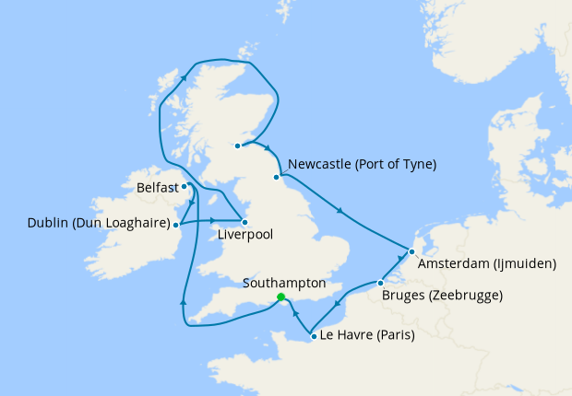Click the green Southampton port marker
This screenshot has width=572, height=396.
point(280,297)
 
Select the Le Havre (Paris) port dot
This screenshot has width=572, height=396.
point(315,337)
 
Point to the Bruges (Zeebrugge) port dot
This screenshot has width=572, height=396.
point(380,282)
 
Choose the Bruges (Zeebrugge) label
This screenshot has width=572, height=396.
point(441,297)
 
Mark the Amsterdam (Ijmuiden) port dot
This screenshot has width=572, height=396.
point(411,251)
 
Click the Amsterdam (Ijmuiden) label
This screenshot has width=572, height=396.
point(487,264)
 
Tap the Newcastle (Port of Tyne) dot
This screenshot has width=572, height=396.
point(276,177)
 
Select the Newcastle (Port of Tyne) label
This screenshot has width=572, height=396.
point(362,165)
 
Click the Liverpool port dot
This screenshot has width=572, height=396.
point(244,222)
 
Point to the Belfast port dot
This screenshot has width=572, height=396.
point(185,186)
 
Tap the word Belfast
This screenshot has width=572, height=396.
point(156,188)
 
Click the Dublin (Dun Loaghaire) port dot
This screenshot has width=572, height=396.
point(177,224)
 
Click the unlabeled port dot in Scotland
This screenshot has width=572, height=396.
point(237,146)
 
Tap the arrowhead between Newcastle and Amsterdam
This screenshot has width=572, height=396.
point(341,213)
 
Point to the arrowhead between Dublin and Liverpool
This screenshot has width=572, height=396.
point(213,220)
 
